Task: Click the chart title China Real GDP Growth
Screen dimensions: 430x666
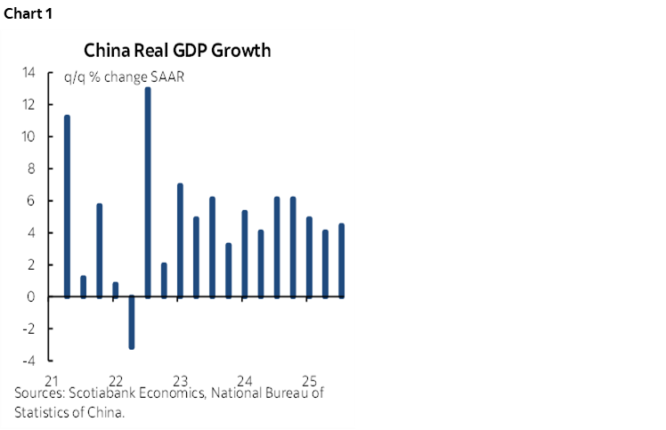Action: click(x=177, y=50)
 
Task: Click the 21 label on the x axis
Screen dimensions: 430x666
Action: click(x=51, y=377)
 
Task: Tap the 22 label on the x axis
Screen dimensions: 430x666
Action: click(x=115, y=377)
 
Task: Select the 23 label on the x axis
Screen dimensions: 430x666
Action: click(x=179, y=377)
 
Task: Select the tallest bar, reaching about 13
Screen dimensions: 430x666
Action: click(x=148, y=191)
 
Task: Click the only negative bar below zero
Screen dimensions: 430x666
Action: click(x=132, y=321)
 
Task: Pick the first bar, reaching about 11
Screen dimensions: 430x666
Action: click(x=67, y=206)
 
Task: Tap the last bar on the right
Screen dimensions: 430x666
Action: click(x=341, y=260)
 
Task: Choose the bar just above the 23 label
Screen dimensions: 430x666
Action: click(x=180, y=239)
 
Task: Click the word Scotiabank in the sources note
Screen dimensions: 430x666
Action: click(x=106, y=393)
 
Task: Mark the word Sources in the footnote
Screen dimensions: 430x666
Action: click(x=38, y=393)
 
